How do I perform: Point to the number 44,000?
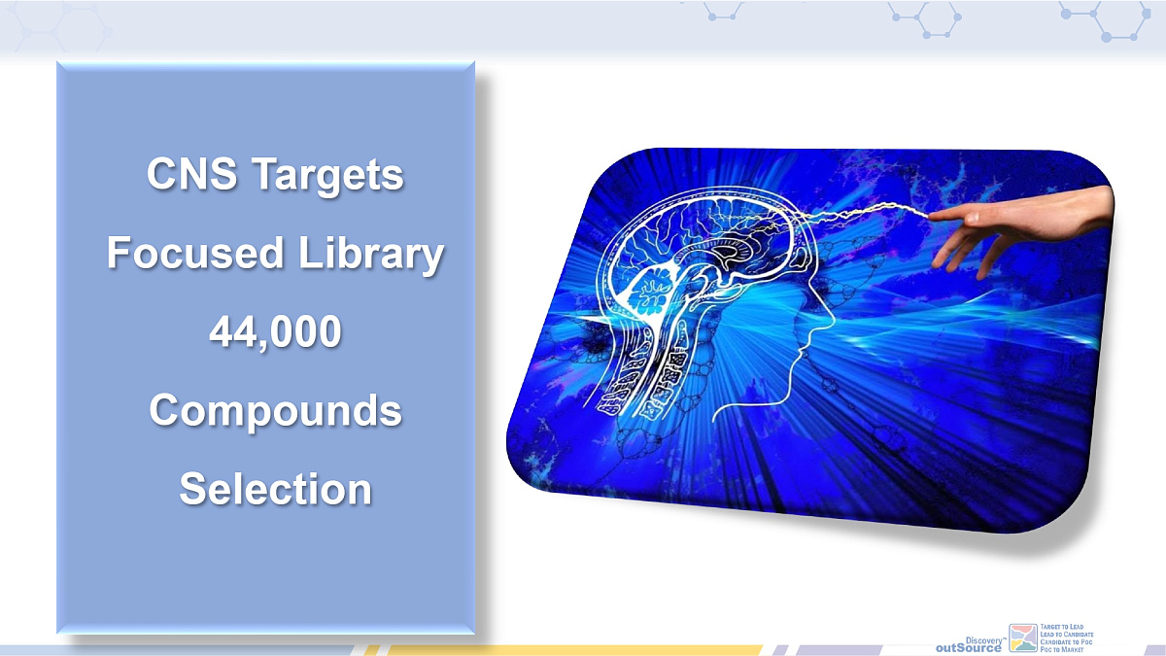click(x=275, y=332)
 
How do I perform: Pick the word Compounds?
click(x=275, y=410)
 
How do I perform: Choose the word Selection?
click(x=275, y=488)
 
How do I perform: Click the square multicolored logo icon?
click(x=1023, y=638)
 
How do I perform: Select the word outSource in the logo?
click(x=968, y=647)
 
